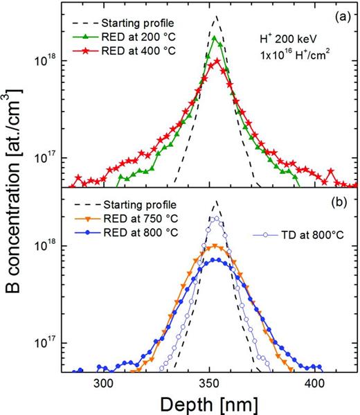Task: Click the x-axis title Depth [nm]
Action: [208, 403]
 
